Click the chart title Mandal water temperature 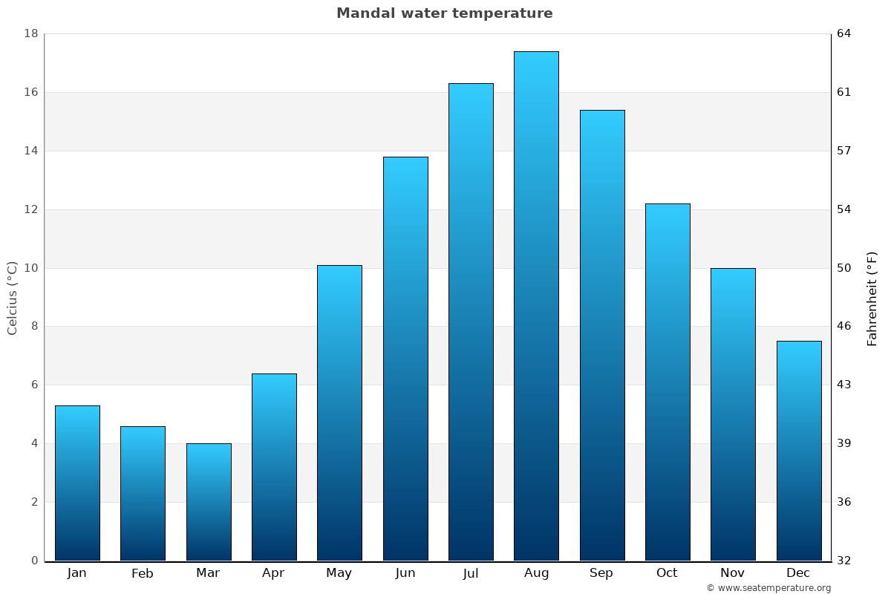click(x=444, y=13)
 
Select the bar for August click(x=536, y=306)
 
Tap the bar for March click(x=209, y=502)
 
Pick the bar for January click(x=77, y=483)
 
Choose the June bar click(x=405, y=359)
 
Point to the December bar click(x=799, y=451)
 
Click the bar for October click(x=668, y=382)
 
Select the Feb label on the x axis click(x=143, y=573)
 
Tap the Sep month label click(x=601, y=573)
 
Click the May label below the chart click(x=339, y=573)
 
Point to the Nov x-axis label click(x=733, y=573)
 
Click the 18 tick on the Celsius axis click(x=31, y=33)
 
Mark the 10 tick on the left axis click(x=31, y=268)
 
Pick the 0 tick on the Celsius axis click(x=34, y=561)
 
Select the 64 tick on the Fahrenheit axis click(x=844, y=33)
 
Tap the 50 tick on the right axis click(x=844, y=268)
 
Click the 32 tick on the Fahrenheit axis click(x=844, y=561)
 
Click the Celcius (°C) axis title click(x=12, y=298)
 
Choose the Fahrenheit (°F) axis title click(x=872, y=298)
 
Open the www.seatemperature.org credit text click(x=768, y=588)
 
